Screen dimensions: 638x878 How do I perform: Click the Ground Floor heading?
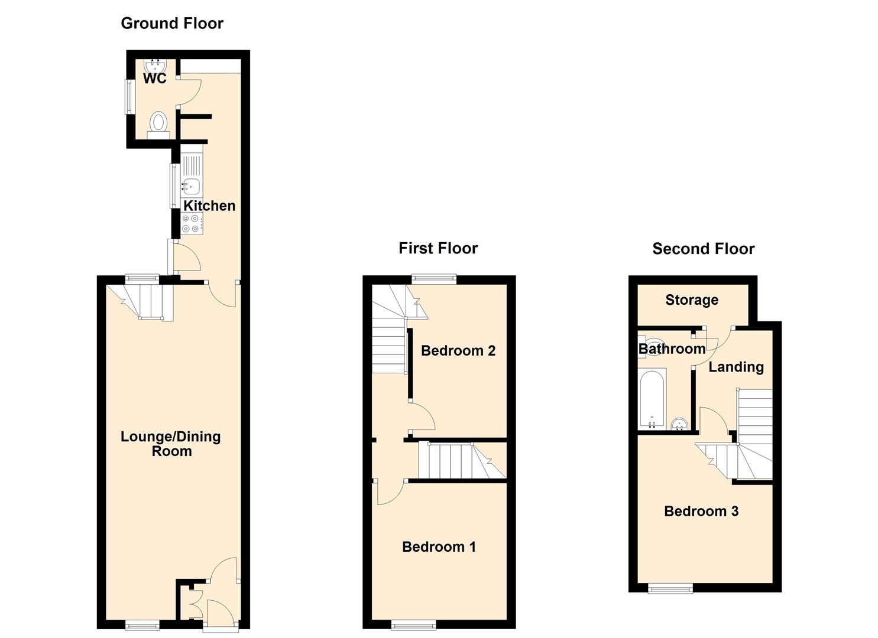coord(172,24)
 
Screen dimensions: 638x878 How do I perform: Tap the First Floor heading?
coord(438,248)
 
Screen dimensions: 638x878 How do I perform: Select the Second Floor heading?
coord(703,249)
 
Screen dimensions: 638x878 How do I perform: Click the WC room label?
coord(155,79)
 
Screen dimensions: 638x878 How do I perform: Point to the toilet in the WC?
coord(158,125)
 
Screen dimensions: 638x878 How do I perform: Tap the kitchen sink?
coord(190,186)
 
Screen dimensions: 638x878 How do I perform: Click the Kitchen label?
coord(209,206)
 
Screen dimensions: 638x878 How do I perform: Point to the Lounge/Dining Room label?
coord(171,444)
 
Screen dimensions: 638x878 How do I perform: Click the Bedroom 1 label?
coord(439,547)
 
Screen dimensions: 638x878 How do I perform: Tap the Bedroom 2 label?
coord(458,351)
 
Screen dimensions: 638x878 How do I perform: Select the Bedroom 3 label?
coord(701,512)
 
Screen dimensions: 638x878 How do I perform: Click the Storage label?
coord(692,300)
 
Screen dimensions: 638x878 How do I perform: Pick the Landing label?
coord(736,367)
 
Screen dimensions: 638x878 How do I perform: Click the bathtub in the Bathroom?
coord(652,400)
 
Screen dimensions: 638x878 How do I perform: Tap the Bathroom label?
coord(672,349)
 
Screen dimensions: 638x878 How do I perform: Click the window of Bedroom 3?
coord(670,588)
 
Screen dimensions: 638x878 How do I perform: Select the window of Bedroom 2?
coord(435,279)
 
